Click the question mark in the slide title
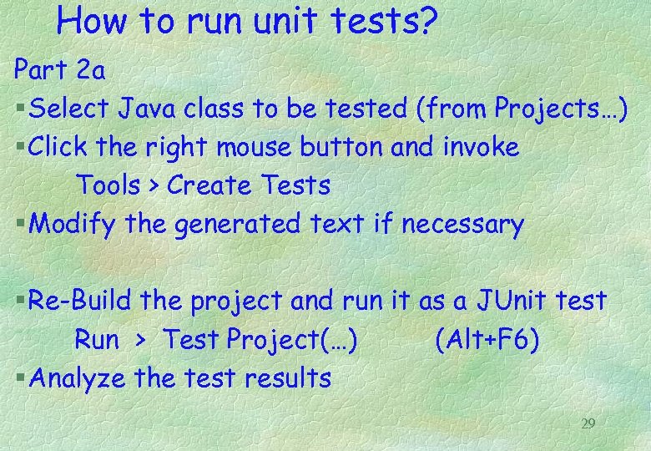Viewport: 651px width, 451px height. [425, 23]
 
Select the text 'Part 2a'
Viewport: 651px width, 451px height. [59, 70]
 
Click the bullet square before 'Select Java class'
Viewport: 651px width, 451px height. [20, 109]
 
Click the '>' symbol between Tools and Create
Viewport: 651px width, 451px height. [154, 186]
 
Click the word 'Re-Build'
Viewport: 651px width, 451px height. [81, 300]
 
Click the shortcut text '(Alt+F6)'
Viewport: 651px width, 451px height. [487, 339]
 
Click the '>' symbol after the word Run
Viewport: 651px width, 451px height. [141, 340]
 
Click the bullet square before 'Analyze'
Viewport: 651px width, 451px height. [20, 378]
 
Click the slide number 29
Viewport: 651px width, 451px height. [588, 424]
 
